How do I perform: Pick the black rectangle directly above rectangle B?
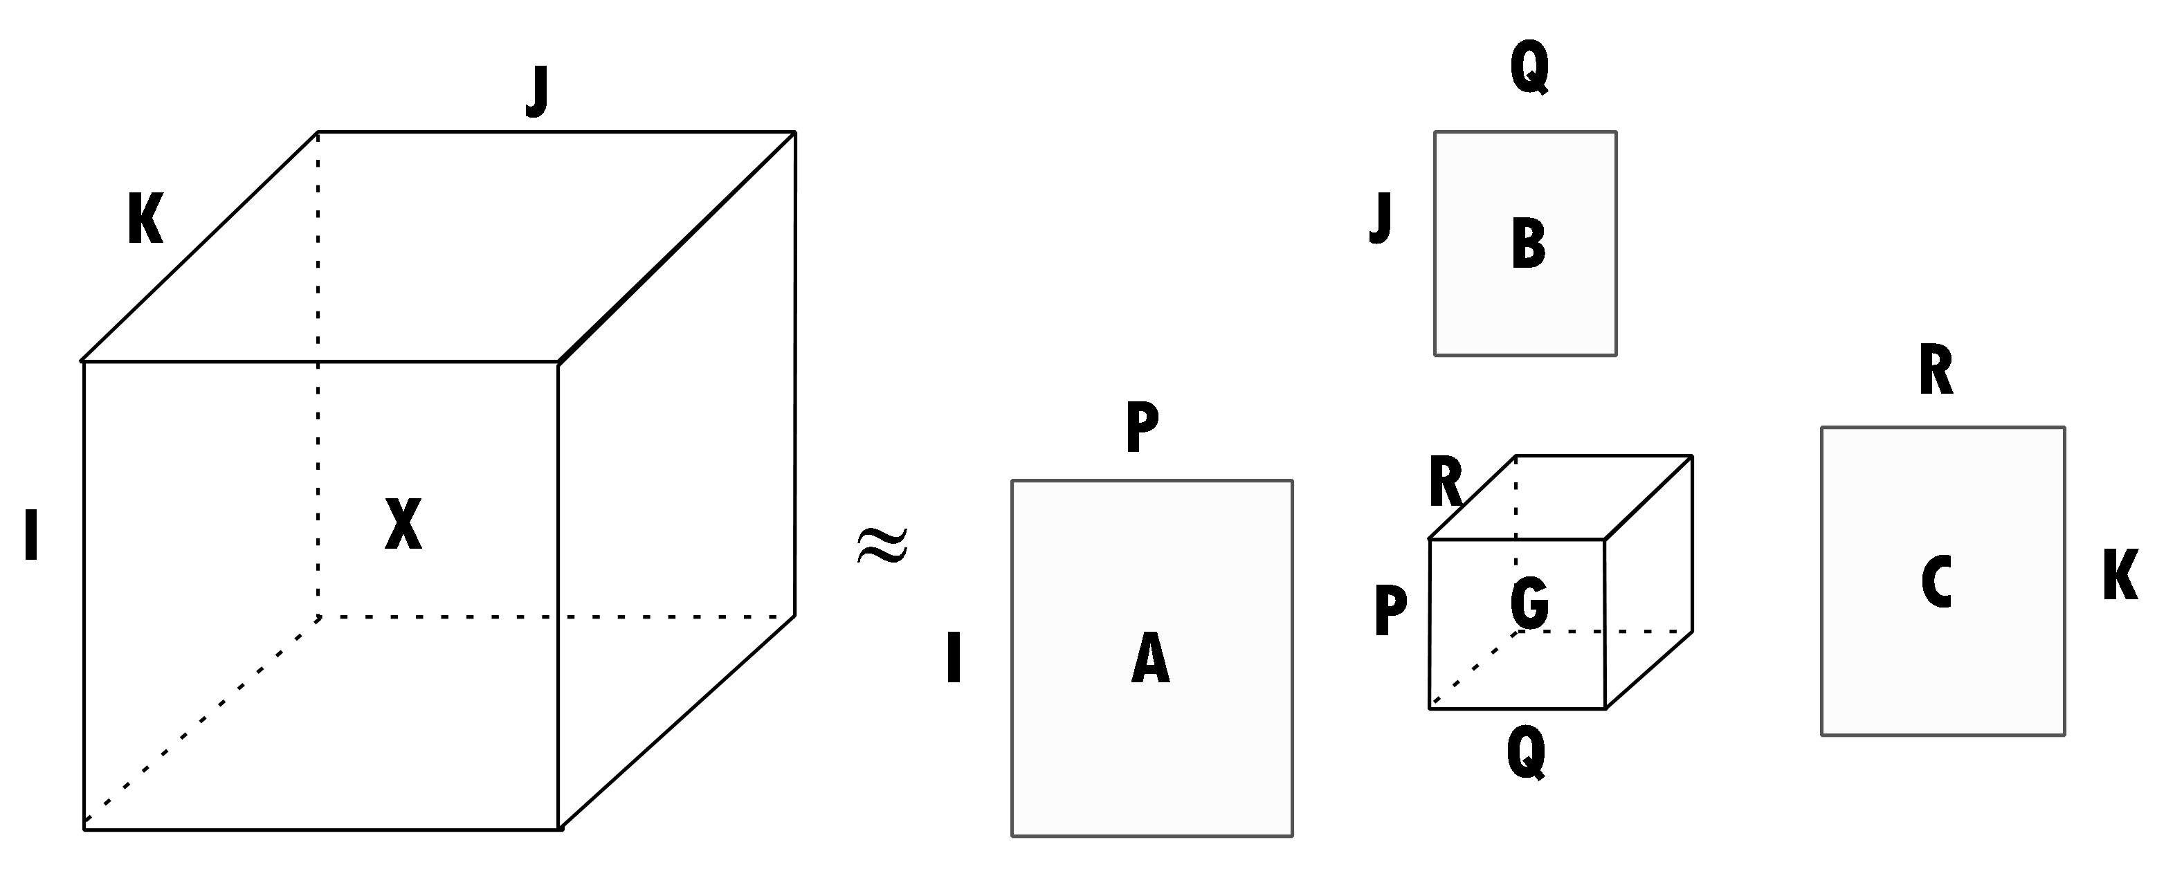point(1513,84)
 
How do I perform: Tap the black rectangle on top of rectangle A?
point(1151,439)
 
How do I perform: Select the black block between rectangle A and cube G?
point(1349,657)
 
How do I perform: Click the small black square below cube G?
point(1527,766)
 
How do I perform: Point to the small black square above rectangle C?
point(1934,360)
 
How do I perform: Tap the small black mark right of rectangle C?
point(2131,574)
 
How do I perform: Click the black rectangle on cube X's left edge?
point(54,470)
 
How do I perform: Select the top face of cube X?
point(439,245)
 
